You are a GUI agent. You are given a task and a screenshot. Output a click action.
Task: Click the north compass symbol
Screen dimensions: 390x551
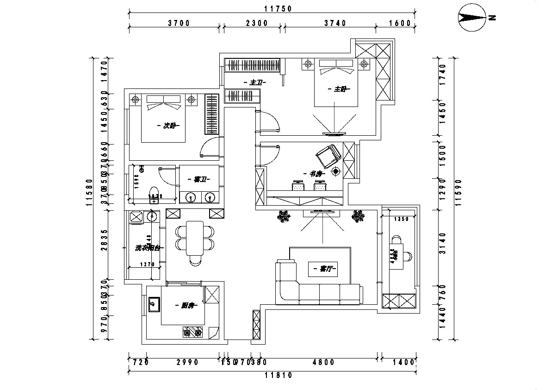pos(471,18)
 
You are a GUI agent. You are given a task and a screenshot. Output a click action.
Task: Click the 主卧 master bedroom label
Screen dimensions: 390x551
pos(340,88)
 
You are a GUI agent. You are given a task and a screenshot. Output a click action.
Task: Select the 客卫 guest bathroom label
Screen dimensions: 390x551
pos(199,179)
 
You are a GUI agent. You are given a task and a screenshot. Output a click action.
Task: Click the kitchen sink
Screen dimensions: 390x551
pos(154,305)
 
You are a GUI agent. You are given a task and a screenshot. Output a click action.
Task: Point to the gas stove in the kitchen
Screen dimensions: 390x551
pos(192,332)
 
